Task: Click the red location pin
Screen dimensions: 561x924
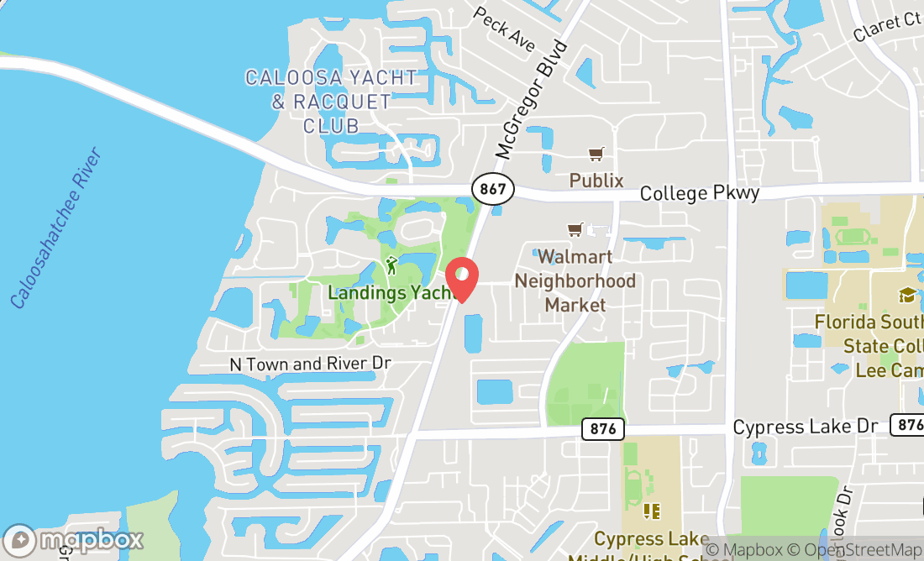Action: coord(461,279)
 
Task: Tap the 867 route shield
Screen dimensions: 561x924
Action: coord(492,188)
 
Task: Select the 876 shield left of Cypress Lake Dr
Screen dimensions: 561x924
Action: coord(602,429)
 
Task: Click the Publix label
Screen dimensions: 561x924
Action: coord(596,181)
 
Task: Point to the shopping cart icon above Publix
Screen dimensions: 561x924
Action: coord(596,154)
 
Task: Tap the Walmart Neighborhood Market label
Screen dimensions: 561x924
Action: coord(575,280)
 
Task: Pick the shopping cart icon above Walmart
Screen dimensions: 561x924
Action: coord(575,229)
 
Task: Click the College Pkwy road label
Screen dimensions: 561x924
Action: coord(700,193)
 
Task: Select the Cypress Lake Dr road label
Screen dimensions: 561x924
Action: coord(805,427)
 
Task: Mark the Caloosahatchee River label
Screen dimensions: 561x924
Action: coord(56,228)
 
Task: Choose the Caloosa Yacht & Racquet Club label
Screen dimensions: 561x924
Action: coord(331,102)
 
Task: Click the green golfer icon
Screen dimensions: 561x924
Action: coord(391,266)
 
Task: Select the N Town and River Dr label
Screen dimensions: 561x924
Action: coord(311,364)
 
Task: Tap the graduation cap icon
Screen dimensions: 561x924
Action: coord(907,295)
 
